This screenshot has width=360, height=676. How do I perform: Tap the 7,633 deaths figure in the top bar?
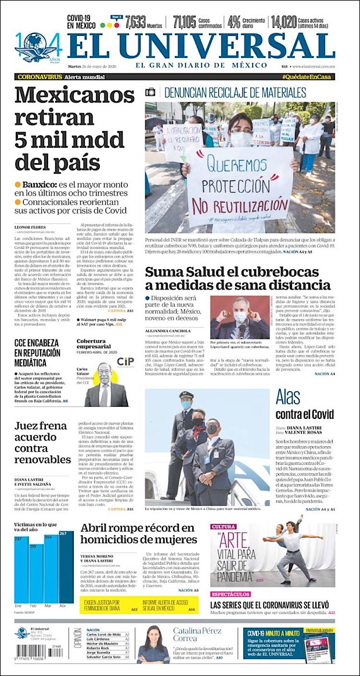coord(135,22)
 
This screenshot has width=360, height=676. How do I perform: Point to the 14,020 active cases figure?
coord(284,22)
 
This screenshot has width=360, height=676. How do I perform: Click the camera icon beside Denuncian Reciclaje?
coord(151,92)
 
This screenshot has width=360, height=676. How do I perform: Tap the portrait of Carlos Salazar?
coord(105,386)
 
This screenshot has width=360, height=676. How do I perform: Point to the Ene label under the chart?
coord(19,606)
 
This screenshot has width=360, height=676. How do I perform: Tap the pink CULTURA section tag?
coord(224,527)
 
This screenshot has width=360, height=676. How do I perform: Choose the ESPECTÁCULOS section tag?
coord(231,594)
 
